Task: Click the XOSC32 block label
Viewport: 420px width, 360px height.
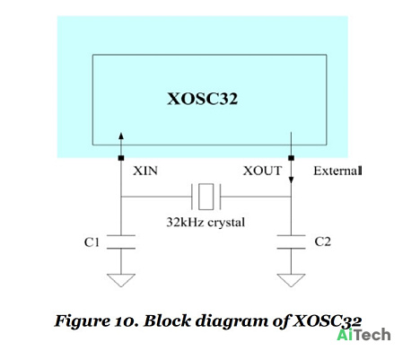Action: click(202, 99)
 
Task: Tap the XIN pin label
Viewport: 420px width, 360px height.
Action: click(145, 171)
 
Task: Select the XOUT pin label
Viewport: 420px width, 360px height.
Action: click(262, 171)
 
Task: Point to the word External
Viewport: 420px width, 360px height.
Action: click(337, 171)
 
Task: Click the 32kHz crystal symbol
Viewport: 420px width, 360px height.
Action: click(206, 197)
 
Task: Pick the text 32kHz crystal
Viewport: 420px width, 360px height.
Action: click(206, 222)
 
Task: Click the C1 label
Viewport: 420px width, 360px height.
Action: click(92, 242)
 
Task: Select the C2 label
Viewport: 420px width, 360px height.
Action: click(323, 241)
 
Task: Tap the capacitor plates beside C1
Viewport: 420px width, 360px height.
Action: click(121, 241)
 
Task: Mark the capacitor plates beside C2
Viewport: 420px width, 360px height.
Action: click(291, 241)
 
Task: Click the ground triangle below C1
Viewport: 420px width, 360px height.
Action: click(121, 280)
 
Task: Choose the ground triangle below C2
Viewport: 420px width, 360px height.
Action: click(291, 280)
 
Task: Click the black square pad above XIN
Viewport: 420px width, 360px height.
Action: click(121, 158)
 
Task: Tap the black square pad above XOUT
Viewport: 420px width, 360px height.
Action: click(291, 158)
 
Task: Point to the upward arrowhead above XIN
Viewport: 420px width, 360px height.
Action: click(121, 136)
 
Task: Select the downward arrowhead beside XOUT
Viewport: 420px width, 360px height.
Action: click(291, 180)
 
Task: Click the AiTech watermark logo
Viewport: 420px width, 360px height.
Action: click(363, 335)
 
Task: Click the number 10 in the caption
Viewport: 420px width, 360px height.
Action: click(123, 321)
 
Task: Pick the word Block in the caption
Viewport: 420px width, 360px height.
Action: click(167, 320)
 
